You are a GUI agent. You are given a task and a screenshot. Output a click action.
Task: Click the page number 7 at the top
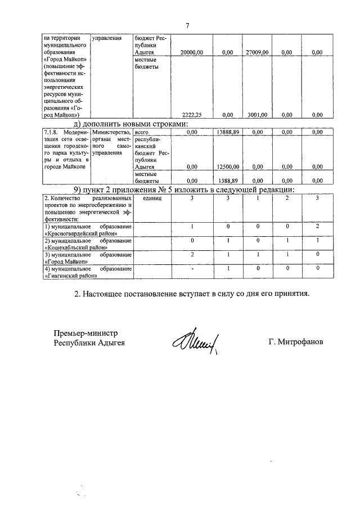pos(188,25)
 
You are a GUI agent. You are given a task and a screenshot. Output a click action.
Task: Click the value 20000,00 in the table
pos(191,52)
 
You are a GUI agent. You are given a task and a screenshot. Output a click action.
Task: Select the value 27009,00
pos(258,52)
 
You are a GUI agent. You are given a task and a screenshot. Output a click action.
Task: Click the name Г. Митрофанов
pos(296,342)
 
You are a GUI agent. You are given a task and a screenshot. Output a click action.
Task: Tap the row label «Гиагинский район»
pos(73,276)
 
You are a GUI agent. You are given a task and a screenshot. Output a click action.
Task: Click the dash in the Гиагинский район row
pos(192,269)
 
